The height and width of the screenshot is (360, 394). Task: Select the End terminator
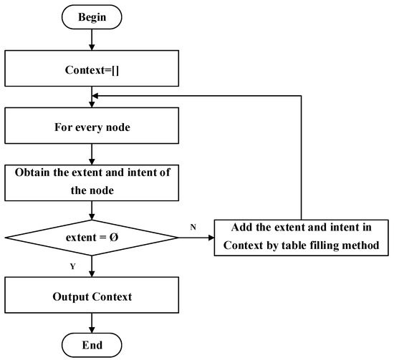coord(90,345)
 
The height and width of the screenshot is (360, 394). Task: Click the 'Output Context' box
coord(90,296)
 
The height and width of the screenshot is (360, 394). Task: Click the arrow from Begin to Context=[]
coord(90,39)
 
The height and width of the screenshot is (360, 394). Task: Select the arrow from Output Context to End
coord(90,323)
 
